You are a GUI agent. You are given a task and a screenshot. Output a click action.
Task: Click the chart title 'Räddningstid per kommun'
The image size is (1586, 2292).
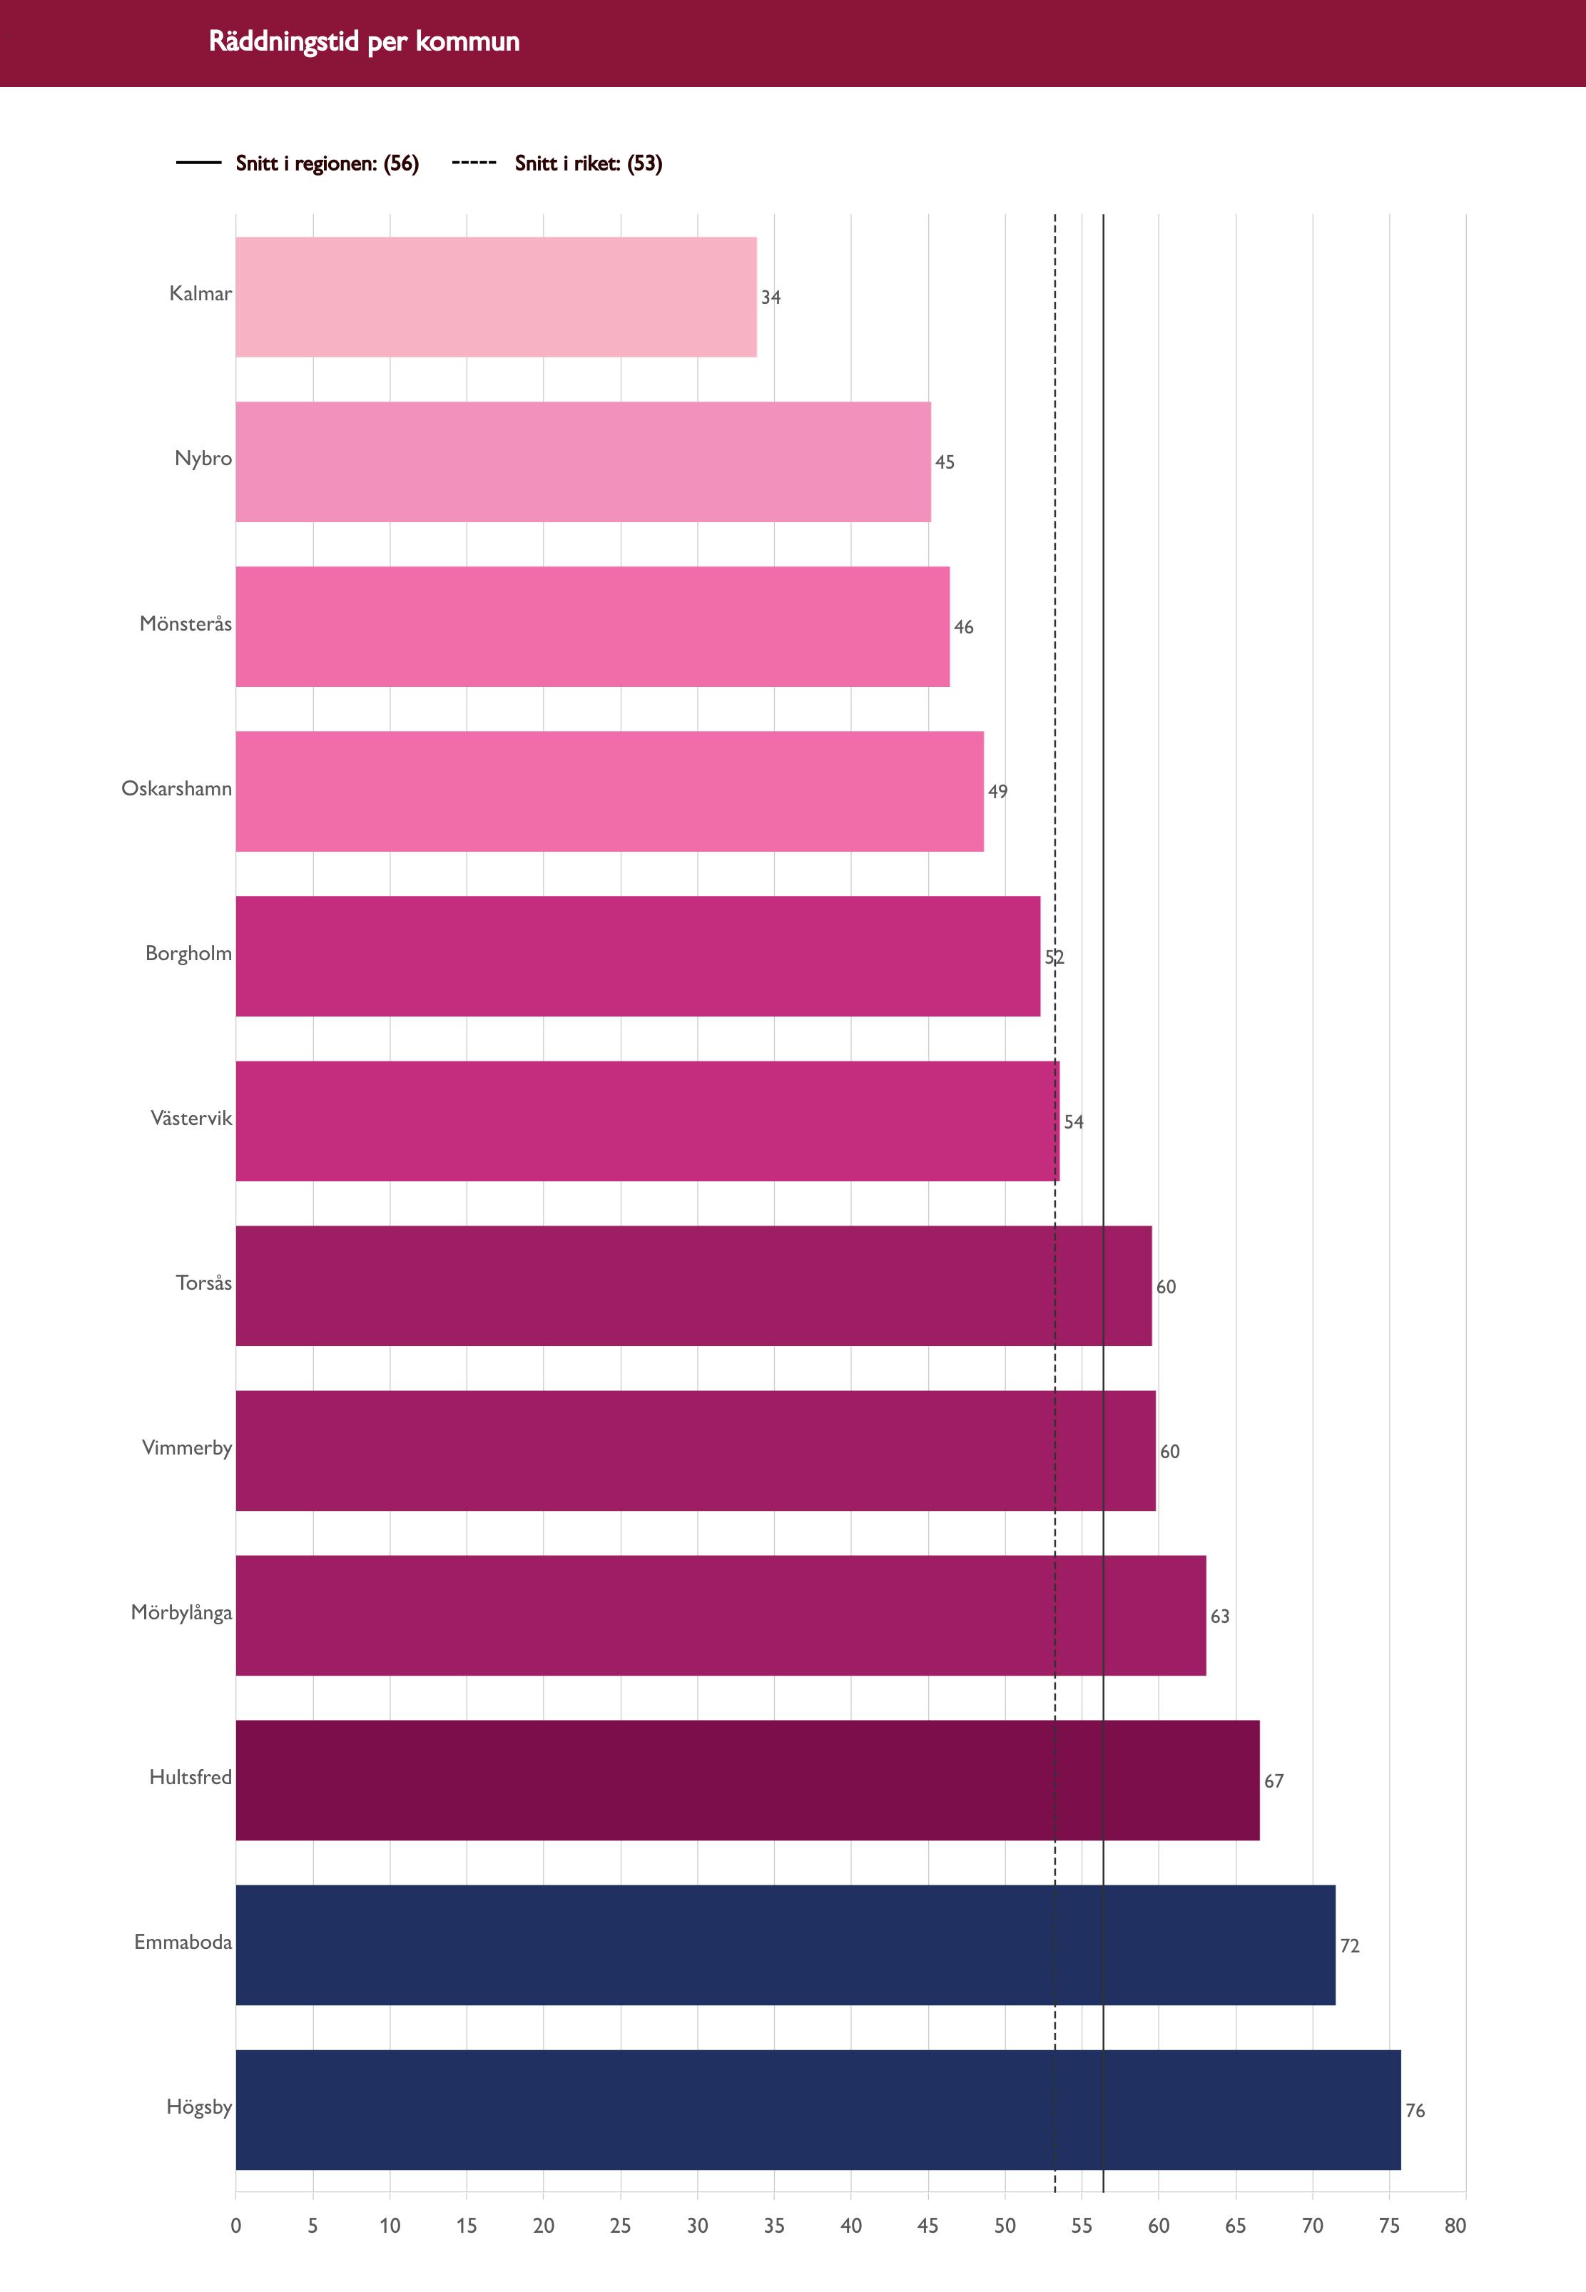[364, 41]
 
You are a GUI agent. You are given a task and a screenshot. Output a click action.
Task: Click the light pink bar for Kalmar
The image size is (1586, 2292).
[496, 297]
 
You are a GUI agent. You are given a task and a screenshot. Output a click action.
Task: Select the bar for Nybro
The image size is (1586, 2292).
[584, 462]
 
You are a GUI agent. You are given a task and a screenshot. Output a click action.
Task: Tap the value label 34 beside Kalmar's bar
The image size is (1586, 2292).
[771, 297]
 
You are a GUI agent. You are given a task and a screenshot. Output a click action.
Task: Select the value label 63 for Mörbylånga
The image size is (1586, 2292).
[1220, 1616]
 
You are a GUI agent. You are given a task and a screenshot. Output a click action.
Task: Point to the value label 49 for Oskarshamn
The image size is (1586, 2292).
[997, 792]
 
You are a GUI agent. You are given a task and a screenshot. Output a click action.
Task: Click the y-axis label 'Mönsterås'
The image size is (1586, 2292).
[185, 624]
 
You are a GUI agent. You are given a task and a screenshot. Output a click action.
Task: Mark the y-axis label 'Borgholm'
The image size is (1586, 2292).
[189, 954]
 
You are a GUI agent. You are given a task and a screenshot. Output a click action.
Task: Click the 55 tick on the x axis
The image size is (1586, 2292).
[1081, 2226]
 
